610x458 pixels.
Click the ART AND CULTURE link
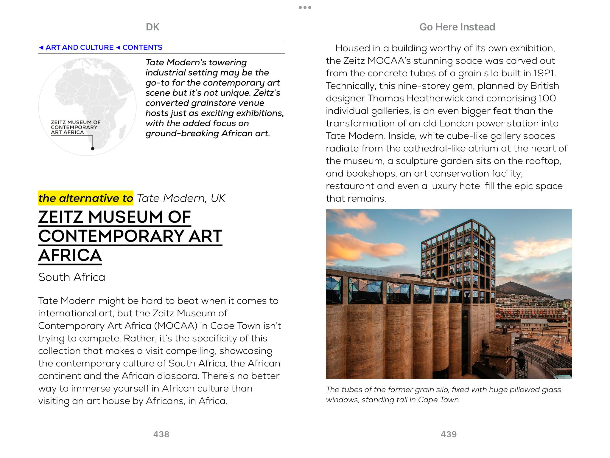[x=79, y=47]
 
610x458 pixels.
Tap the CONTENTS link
[x=142, y=47]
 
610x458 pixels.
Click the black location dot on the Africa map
[x=93, y=148]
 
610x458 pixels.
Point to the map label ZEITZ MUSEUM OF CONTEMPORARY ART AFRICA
[x=76, y=127]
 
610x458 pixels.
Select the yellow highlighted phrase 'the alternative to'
[x=86, y=198]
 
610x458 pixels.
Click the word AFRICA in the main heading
[x=70, y=256]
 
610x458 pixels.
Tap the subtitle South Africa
[x=72, y=277]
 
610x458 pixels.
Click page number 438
[x=161, y=434]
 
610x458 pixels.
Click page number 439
[x=449, y=434]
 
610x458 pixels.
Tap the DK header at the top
[x=152, y=27]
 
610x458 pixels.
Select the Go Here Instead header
[x=457, y=27]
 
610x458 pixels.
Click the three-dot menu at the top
[x=305, y=7]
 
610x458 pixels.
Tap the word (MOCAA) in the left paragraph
[x=175, y=326]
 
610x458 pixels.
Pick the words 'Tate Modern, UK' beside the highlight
[x=181, y=198]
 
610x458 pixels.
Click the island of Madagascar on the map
[x=122, y=132]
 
